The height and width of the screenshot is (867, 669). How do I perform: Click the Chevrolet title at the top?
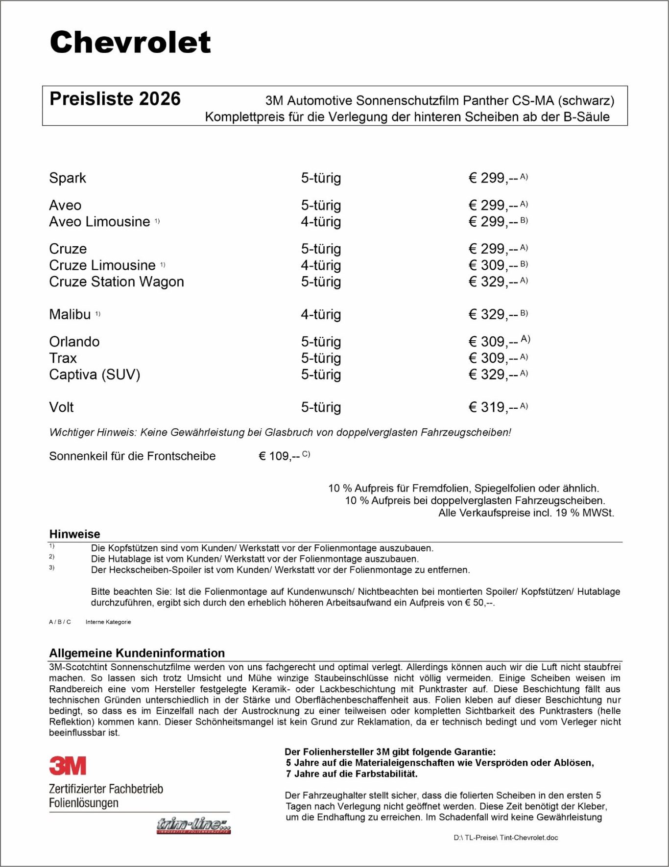[130, 42]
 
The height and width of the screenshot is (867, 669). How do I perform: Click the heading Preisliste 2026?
[115, 99]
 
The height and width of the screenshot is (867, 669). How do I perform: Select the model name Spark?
[68, 178]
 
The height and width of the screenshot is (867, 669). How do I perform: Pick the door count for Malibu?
[321, 314]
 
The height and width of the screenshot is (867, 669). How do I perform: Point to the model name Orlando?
[74, 342]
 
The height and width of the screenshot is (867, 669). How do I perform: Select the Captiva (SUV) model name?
[95, 375]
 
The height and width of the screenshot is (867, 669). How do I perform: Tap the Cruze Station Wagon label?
[117, 282]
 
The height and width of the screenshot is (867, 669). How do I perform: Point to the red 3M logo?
[68, 766]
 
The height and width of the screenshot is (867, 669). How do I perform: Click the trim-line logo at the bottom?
[193, 825]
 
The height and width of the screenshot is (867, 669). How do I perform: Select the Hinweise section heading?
[74, 534]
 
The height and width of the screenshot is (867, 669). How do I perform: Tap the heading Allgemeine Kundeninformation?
[137, 653]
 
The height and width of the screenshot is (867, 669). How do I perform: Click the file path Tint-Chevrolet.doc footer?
[505, 838]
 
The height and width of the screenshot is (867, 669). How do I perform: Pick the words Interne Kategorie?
[108, 622]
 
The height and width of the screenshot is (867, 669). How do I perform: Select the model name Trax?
[63, 358]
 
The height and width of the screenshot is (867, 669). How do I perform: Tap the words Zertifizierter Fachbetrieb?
[106, 789]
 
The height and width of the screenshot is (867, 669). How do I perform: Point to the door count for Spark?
[321, 178]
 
